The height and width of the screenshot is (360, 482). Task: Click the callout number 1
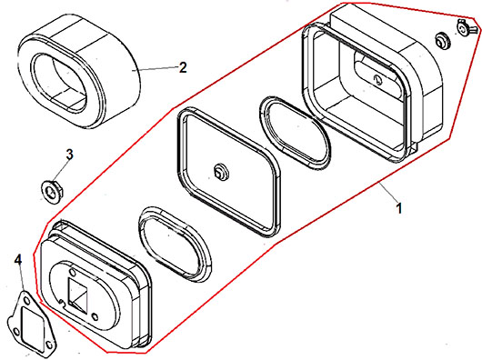[398, 208]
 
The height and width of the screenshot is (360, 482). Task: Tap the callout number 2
[183, 67]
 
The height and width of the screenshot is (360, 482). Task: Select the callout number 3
[70, 155]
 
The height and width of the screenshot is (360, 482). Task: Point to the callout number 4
[18, 260]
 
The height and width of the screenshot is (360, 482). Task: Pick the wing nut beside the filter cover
[467, 27]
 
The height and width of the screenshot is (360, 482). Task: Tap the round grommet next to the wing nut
[442, 40]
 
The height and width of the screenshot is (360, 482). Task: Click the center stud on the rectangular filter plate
[220, 172]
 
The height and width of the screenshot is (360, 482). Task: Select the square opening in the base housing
[78, 294]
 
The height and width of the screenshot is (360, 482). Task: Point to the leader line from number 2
[156, 68]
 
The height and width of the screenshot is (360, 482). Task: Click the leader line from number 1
[388, 192]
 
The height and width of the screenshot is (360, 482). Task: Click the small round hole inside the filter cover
[377, 80]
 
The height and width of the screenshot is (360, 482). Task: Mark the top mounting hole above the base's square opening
[73, 272]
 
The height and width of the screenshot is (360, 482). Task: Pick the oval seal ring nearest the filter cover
[296, 133]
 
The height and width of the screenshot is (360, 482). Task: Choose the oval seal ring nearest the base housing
[176, 244]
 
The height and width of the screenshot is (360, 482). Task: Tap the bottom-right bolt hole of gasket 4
[48, 345]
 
